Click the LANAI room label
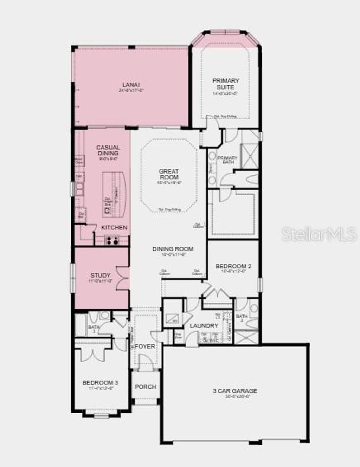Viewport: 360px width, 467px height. [131, 85]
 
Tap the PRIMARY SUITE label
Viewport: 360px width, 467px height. [226, 84]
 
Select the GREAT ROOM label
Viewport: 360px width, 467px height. [169, 174]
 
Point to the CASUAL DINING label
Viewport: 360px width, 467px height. [108, 150]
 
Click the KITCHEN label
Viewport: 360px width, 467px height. [114, 228]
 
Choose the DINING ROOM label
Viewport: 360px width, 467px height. [173, 249]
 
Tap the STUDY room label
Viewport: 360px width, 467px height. [101, 275]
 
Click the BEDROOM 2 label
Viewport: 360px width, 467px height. [233, 266]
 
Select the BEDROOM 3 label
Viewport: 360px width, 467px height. [100, 382]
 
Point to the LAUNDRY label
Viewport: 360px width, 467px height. [204, 326]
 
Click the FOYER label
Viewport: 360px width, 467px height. [145, 346]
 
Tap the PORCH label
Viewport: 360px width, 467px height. [146, 387]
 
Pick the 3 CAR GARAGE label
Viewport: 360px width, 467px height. [235, 391]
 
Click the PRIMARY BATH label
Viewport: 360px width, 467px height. [227, 160]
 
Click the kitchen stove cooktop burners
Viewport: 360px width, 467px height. [112, 241]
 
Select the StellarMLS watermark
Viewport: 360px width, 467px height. [319, 234]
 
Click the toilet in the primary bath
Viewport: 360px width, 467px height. [252, 179]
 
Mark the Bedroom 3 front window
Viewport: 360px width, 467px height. [101, 416]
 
